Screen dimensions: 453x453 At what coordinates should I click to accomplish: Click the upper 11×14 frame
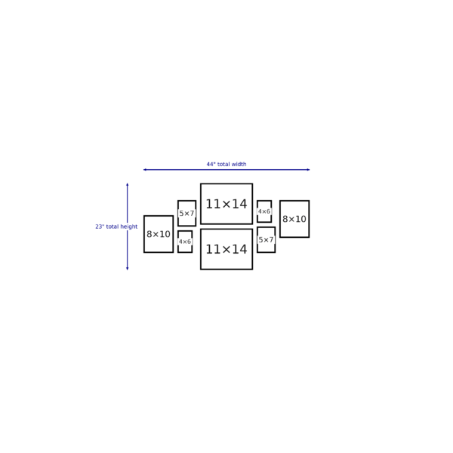(x=226, y=204)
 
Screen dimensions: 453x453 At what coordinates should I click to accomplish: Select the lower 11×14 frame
(x=226, y=249)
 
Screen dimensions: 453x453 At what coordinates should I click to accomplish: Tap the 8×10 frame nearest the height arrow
(x=159, y=234)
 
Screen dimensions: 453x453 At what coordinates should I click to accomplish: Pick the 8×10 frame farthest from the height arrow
(x=294, y=219)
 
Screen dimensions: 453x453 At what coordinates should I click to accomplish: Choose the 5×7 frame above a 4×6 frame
(x=187, y=213)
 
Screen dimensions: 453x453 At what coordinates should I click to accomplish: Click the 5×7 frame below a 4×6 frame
(x=266, y=240)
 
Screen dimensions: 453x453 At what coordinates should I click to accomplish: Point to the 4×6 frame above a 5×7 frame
(x=264, y=211)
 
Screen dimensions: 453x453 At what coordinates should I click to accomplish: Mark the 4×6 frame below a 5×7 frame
(x=185, y=242)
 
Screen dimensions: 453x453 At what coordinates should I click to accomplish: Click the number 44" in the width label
(x=211, y=164)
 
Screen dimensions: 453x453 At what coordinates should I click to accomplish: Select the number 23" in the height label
(x=100, y=226)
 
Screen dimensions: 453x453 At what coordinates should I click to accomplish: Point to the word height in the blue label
(x=129, y=226)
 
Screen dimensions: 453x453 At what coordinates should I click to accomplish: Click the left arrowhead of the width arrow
(x=145, y=170)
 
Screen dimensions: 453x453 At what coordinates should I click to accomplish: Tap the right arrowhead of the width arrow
(x=308, y=170)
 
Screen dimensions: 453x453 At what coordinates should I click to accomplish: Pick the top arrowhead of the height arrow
(x=127, y=185)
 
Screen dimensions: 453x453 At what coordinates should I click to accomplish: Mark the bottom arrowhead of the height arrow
(x=127, y=269)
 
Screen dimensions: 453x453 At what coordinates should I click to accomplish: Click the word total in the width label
(x=223, y=164)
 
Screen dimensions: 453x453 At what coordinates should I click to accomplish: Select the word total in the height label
(x=112, y=226)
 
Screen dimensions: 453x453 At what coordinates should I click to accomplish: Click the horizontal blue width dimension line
(x=226, y=170)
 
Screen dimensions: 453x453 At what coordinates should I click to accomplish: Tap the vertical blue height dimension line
(x=127, y=226)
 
